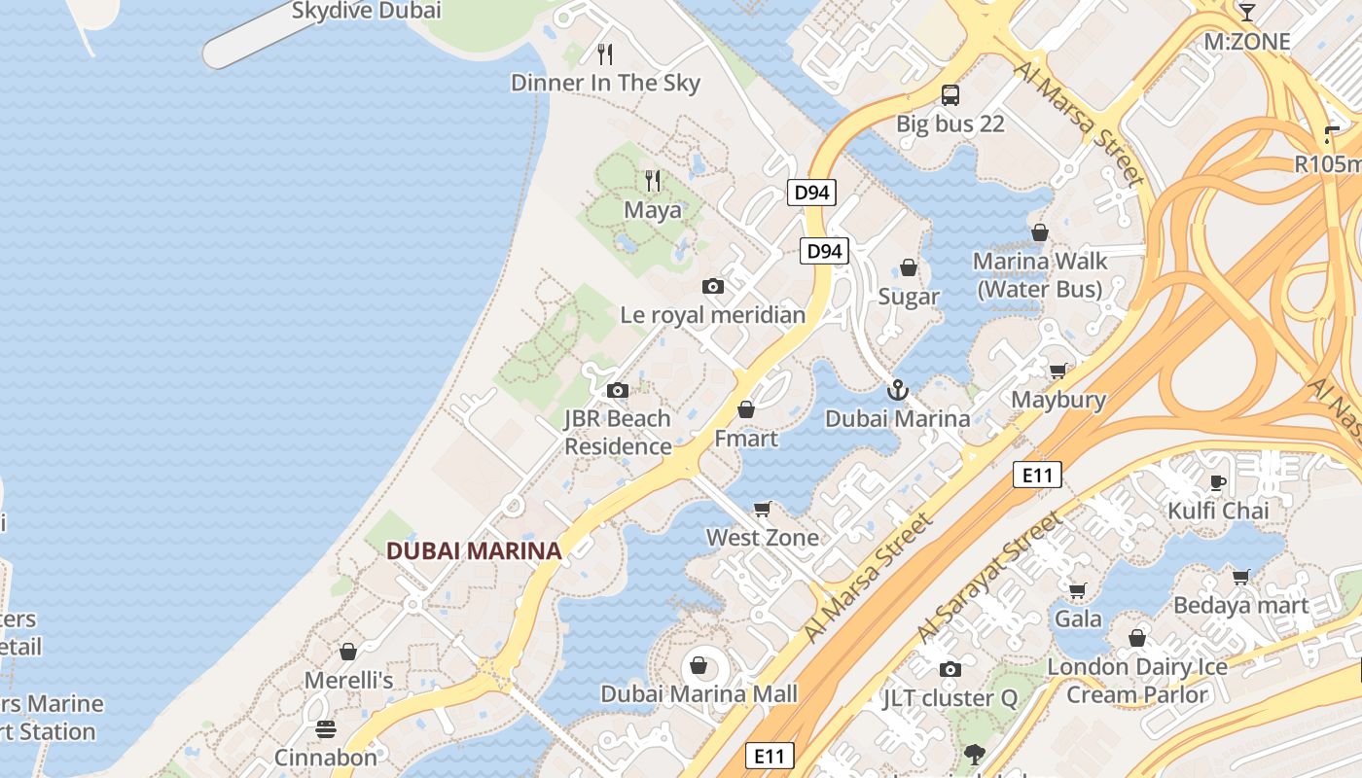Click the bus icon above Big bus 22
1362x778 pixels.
pyautogui.click(x=950, y=95)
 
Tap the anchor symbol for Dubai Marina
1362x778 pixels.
pyautogui.click(x=897, y=391)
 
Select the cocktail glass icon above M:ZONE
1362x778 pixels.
pyautogui.click(x=1246, y=12)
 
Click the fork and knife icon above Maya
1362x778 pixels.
pyautogui.click(x=653, y=181)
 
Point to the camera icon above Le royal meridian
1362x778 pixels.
pyautogui.click(x=713, y=286)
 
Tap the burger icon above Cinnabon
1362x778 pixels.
pyautogui.click(x=326, y=729)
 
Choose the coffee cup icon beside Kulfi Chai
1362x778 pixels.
pyautogui.click(x=1217, y=482)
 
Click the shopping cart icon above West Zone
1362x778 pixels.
pyautogui.click(x=763, y=510)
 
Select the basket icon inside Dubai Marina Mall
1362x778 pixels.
pyautogui.click(x=698, y=665)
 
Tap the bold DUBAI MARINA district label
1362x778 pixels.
pyautogui.click(x=474, y=551)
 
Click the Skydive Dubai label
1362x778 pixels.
pyautogui.click(x=367, y=11)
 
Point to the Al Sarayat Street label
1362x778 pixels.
pyautogui.click(x=990, y=578)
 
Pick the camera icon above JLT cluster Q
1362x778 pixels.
pyautogui.click(x=950, y=669)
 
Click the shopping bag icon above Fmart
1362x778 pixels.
pyautogui.click(x=746, y=409)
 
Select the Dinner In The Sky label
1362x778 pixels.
pyautogui.click(x=605, y=83)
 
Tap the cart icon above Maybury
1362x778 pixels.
pyautogui.click(x=1057, y=371)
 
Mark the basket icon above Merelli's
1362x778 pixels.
pyautogui.click(x=348, y=652)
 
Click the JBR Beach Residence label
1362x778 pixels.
pyautogui.click(x=618, y=433)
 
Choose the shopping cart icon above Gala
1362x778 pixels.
pyautogui.click(x=1077, y=590)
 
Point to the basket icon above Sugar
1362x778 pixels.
pyautogui.click(x=909, y=267)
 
